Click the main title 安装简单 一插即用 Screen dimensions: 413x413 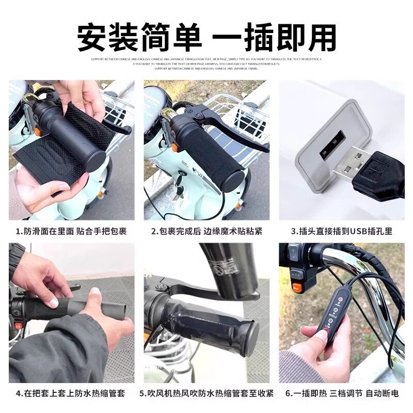(206, 37)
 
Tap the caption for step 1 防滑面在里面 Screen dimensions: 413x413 (71, 231)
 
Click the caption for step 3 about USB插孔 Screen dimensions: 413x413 (341, 231)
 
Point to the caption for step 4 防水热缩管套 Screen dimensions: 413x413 (71, 393)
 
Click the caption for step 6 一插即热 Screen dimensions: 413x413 (341, 393)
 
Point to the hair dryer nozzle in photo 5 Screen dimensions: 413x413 (227, 268)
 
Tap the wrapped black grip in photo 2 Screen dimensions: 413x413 (212, 155)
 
